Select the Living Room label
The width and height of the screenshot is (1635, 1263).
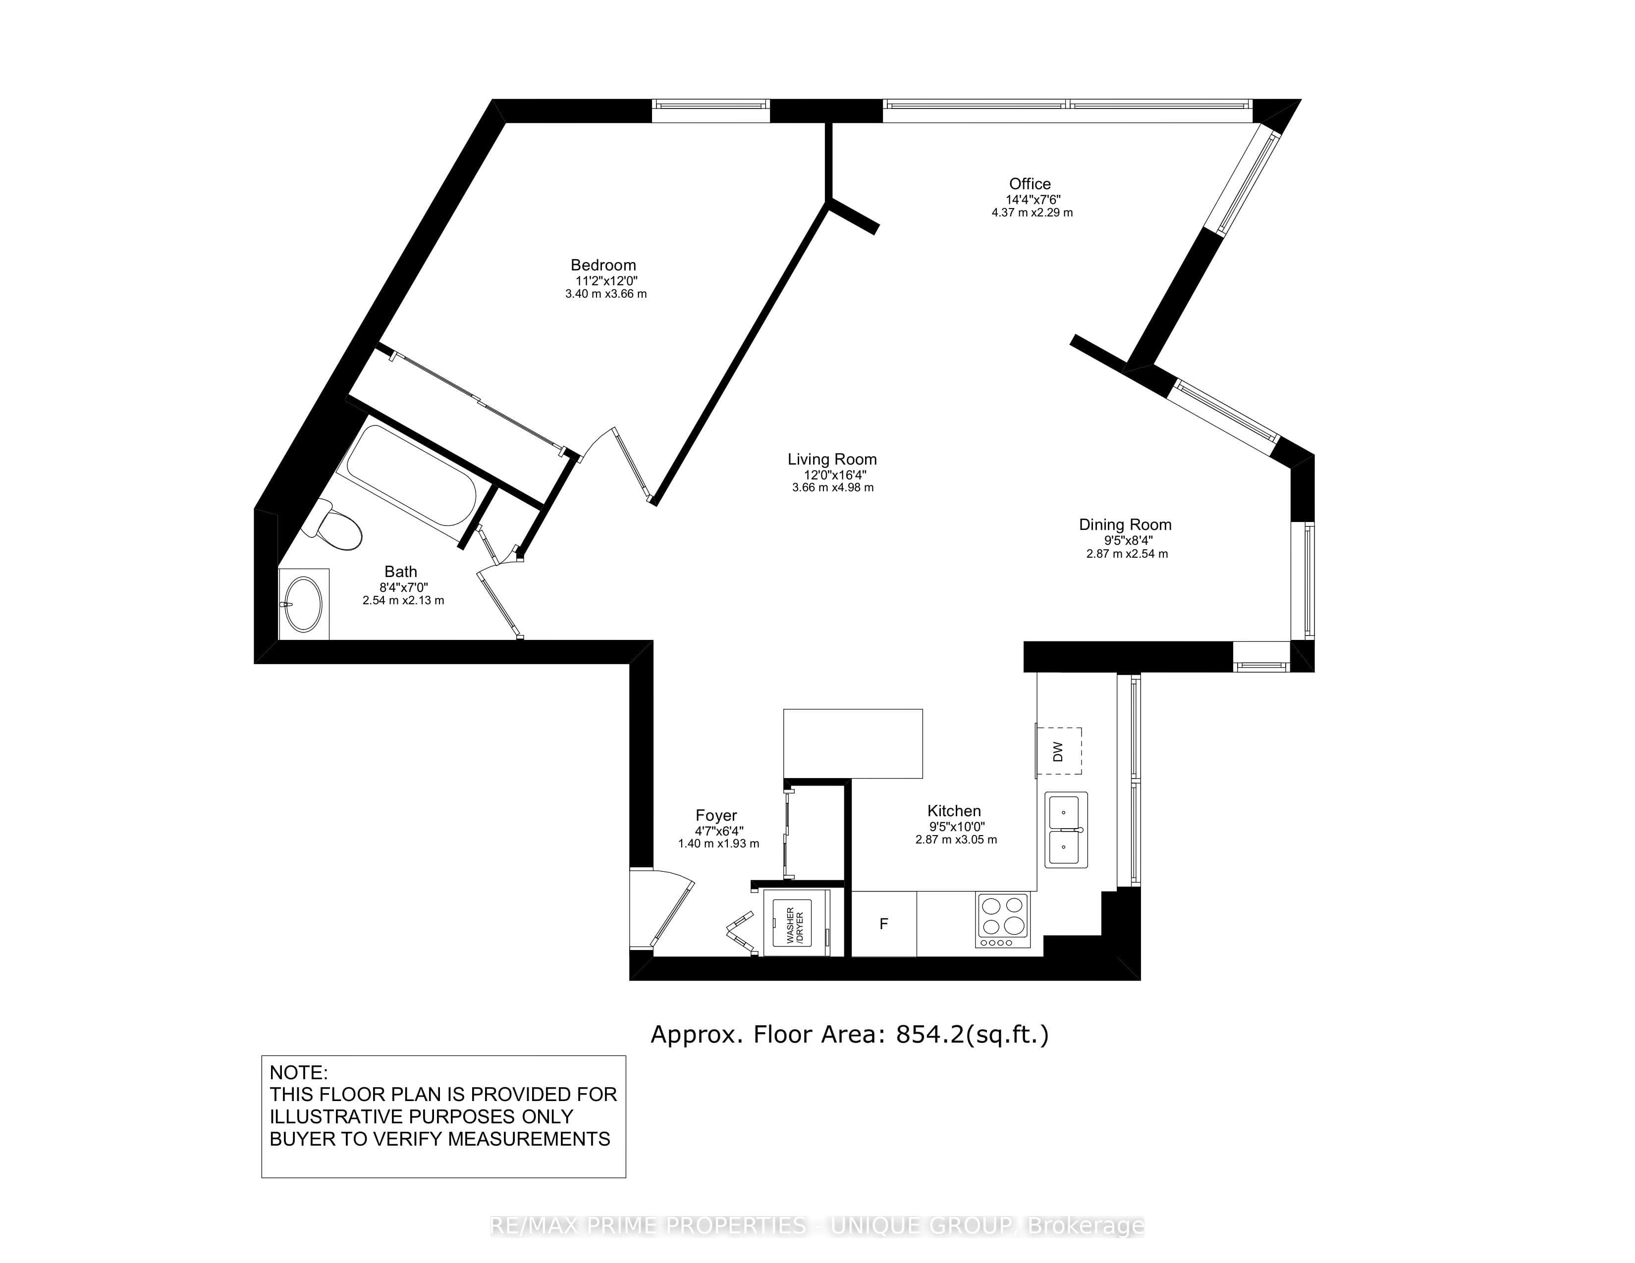(x=832, y=460)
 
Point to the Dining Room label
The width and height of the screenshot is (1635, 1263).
(x=1125, y=525)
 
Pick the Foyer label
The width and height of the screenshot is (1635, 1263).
(x=716, y=816)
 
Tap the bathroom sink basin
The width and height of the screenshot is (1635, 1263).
(x=304, y=604)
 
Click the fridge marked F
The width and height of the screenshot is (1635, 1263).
(x=884, y=924)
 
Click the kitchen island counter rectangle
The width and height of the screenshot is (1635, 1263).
(x=853, y=744)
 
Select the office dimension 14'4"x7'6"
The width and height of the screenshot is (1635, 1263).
(x=1033, y=200)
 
